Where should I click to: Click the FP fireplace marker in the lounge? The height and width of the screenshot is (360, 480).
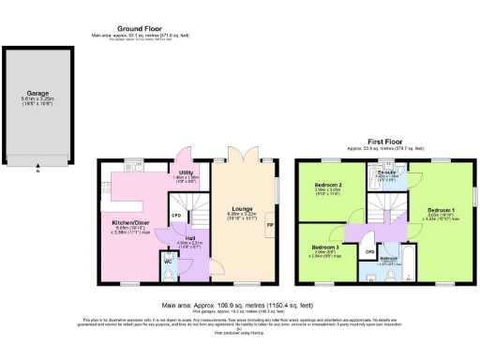(270, 225)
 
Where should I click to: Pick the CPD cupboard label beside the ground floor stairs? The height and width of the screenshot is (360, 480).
(175, 217)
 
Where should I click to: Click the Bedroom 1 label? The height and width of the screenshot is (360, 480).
(440, 209)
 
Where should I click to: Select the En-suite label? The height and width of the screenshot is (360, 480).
(387, 172)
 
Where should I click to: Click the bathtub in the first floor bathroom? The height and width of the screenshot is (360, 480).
(390, 274)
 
